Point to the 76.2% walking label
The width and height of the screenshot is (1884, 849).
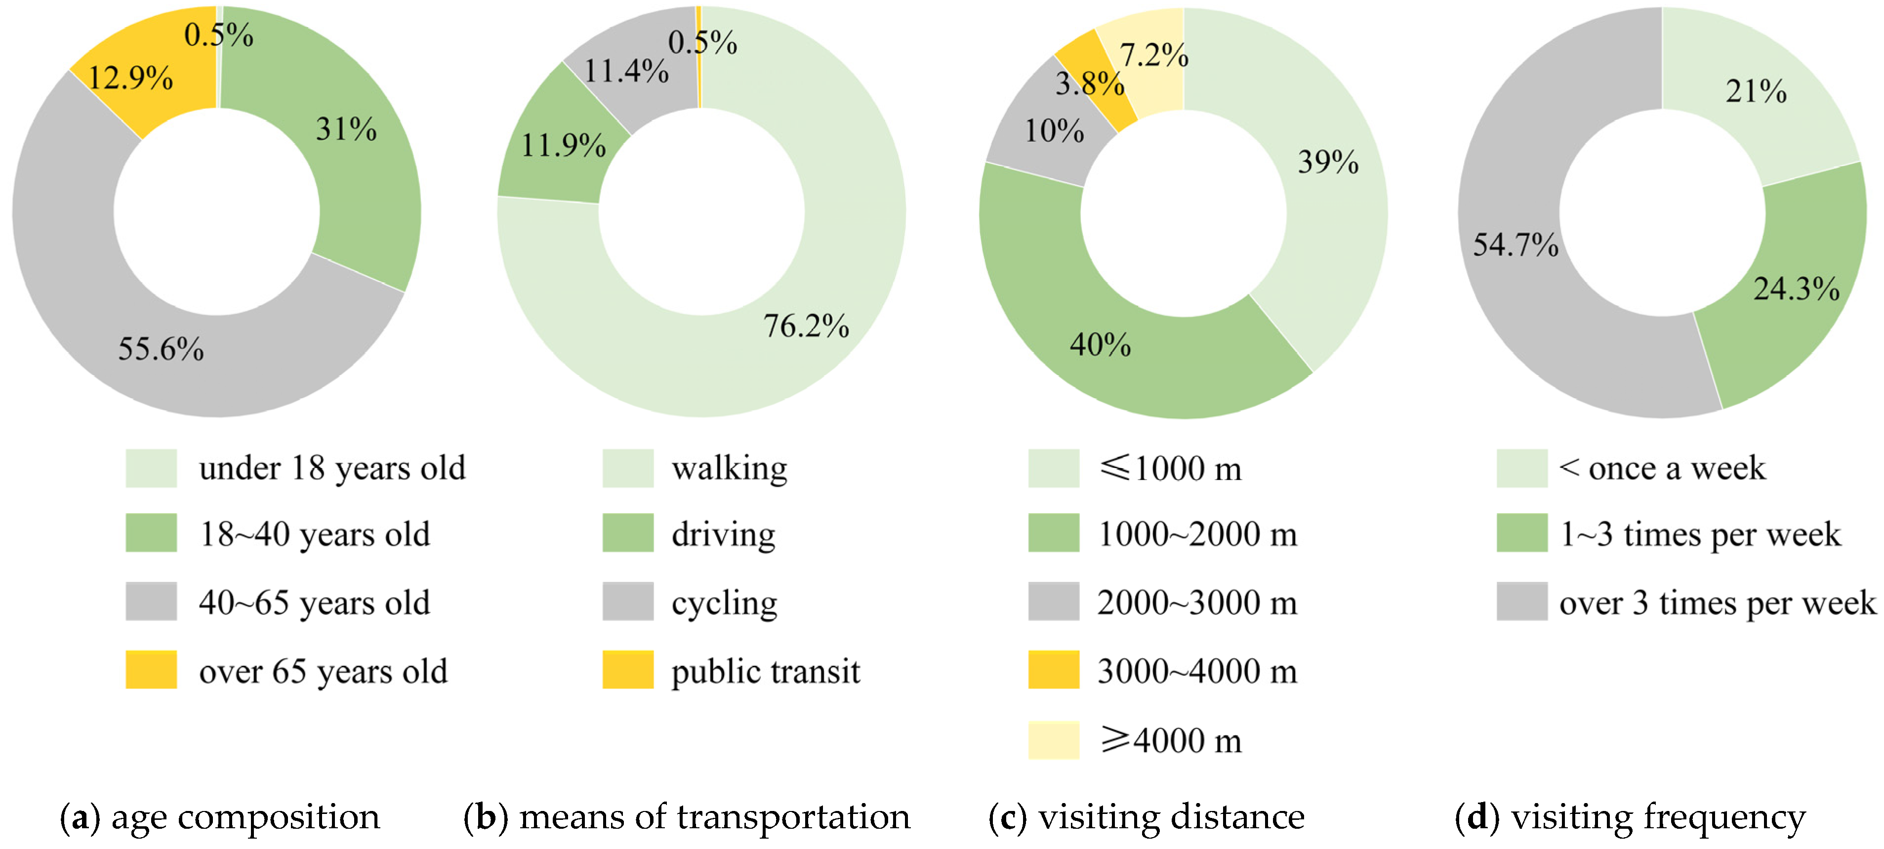pos(806,326)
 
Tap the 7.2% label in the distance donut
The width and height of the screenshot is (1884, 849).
pos(1154,55)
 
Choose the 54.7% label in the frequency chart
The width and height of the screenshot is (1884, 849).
pos(1515,245)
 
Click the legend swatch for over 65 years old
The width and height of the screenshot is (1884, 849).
pos(151,670)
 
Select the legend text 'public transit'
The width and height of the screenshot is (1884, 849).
pos(765,671)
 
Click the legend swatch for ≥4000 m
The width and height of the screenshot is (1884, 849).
pos(1053,740)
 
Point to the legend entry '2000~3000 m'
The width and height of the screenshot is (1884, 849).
pos(1196,603)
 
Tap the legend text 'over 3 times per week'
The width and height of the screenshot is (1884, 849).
pos(1717,603)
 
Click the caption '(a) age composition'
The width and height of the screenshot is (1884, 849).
pos(219,817)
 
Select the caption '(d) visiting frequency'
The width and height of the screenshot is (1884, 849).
pos(1630,817)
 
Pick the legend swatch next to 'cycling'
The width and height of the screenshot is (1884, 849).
pos(627,601)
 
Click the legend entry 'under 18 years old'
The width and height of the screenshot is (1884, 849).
pos(331,468)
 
